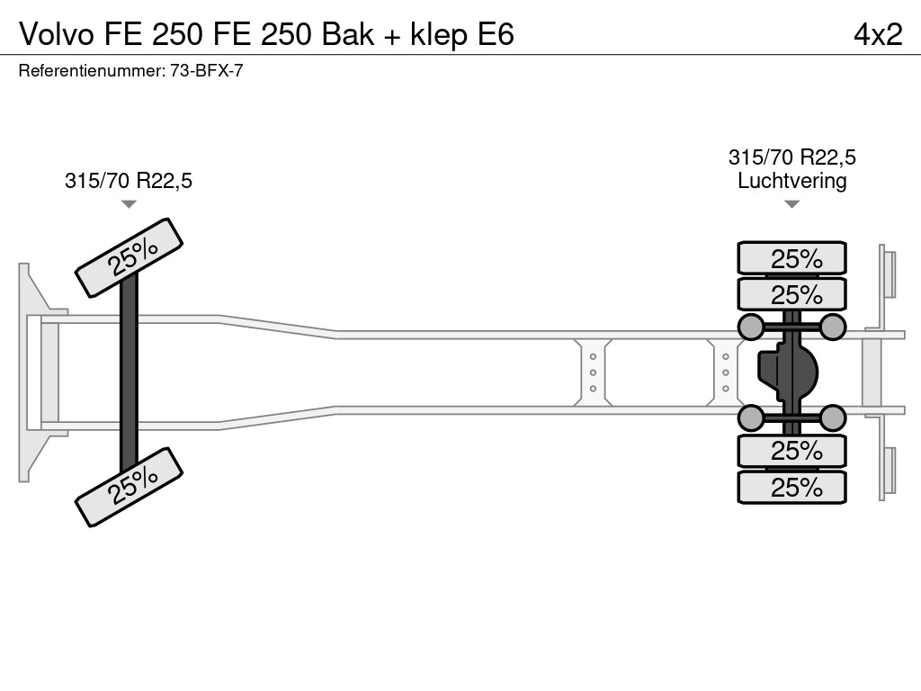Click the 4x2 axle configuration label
[x=877, y=34]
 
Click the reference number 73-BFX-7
[x=206, y=71]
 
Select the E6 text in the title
[x=494, y=34]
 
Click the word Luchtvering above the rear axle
[x=791, y=180]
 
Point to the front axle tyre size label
[x=129, y=181]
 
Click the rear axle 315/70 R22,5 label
[x=791, y=157]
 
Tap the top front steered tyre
[x=130, y=257]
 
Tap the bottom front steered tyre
[x=130, y=487]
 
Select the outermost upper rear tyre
[x=791, y=258]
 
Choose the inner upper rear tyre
[x=791, y=294]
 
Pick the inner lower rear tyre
[x=791, y=450]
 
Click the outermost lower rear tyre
[x=791, y=487]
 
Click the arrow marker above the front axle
[x=129, y=204]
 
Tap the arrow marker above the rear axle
[x=791, y=204]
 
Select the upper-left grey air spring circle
[x=750, y=326]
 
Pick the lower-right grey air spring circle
[x=833, y=417]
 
